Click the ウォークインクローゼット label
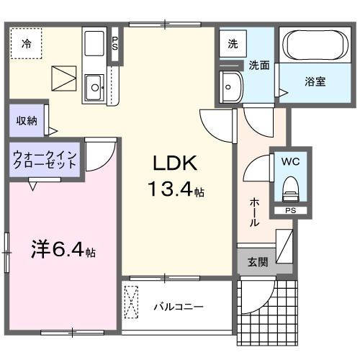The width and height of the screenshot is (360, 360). (45, 159)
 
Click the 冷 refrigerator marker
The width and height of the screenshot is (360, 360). (26, 44)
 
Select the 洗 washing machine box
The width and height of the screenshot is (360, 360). (233, 43)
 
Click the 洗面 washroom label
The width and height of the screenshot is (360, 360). (259, 65)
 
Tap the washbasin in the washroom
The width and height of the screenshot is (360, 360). (232, 87)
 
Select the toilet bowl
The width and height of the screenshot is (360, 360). (291, 189)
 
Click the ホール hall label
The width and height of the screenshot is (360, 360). (254, 212)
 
